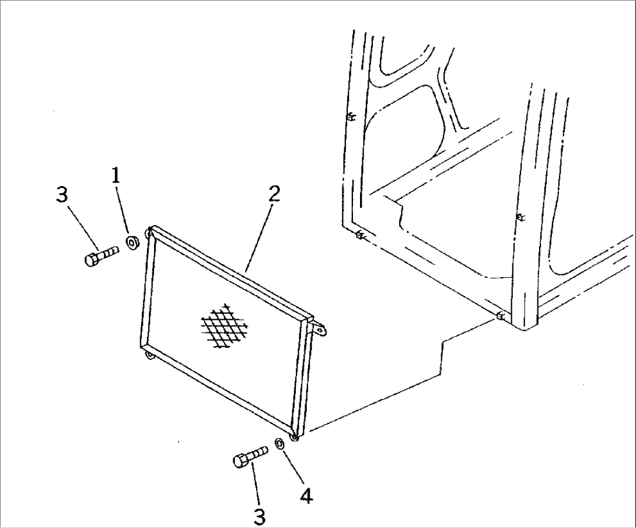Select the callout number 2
coord(274,195)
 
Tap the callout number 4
coord(307,496)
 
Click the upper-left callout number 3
coord(62,195)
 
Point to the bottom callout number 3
coord(259,517)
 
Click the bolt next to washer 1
coord(102,255)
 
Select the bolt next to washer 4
coord(250,456)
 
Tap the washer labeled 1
coord(132,242)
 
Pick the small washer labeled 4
coord(279,443)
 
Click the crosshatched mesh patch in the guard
coord(225,324)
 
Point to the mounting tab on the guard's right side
coord(320,328)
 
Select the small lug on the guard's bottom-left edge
coord(151,356)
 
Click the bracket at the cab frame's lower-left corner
coord(360,235)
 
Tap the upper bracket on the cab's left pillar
coord(351,118)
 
